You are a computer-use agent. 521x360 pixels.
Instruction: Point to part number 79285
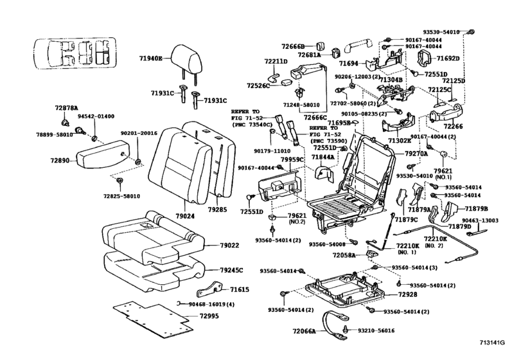coord(218,209)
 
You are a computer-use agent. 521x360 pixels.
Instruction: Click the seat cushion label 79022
coord(229,245)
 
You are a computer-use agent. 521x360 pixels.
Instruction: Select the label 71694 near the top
coord(349,64)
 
